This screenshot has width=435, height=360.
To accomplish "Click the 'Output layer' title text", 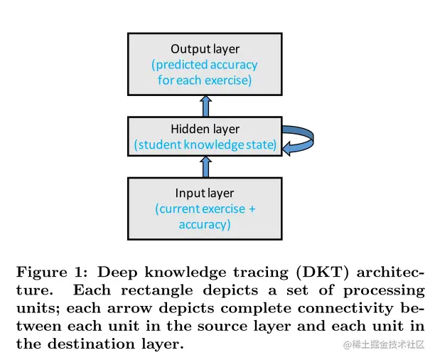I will coord(205,49).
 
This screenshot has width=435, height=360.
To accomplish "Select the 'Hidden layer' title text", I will coord(205,129).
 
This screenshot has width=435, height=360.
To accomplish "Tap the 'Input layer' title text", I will coord(205,193).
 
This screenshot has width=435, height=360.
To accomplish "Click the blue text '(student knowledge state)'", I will coord(205,145).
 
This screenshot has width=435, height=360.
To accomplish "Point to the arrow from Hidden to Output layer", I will coord(205,106).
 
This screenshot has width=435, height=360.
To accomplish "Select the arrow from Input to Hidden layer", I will coord(205,166).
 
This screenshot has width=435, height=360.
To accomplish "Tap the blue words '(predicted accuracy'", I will coord(205,65).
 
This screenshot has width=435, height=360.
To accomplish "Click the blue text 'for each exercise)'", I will coord(205,80).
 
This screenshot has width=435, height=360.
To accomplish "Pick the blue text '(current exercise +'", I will coord(205,208).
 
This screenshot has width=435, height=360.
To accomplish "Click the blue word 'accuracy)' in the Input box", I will coord(205,224).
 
